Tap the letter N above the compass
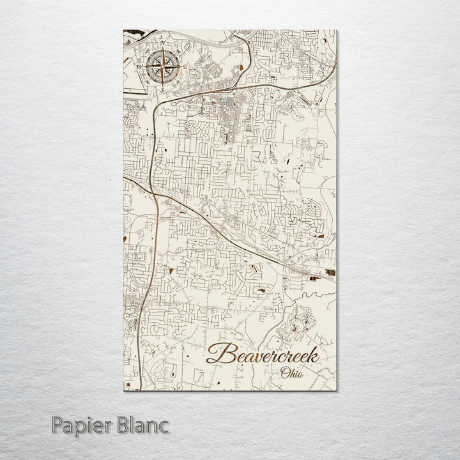pyautogui.click(x=162, y=42)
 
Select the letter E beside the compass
pyautogui.click(x=186, y=66)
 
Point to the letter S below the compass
pyautogui.click(x=162, y=90)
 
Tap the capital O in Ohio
pyautogui.click(x=283, y=372)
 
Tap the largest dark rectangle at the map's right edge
pyautogui.click(x=330, y=273)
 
